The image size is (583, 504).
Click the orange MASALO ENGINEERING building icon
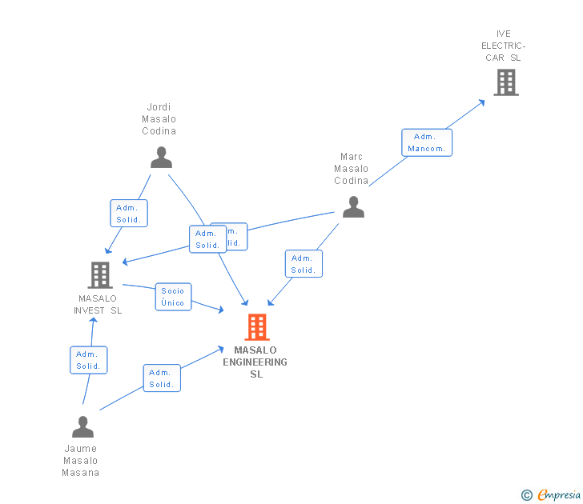[x=256, y=327]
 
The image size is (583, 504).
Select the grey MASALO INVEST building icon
[x=99, y=275]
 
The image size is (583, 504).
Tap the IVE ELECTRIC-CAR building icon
[x=505, y=82]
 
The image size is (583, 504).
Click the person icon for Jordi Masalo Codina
[x=161, y=157]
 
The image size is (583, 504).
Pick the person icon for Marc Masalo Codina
[x=353, y=207]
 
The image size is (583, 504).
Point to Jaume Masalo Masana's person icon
[x=82, y=427]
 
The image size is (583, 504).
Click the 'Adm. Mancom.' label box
[x=426, y=142]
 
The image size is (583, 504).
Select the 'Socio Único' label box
[x=173, y=297]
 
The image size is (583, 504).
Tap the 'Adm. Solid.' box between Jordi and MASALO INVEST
[x=128, y=214]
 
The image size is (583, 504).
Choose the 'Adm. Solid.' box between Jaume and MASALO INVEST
[x=88, y=360]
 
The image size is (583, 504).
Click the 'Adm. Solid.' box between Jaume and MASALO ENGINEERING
[x=162, y=378]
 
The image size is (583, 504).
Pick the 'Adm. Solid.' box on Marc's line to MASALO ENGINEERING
[x=304, y=264]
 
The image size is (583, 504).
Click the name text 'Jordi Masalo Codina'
[x=159, y=119]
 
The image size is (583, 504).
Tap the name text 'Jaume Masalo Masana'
[x=80, y=461]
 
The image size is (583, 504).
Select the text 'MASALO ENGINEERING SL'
[x=256, y=362]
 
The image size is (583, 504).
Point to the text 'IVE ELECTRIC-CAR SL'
[x=503, y=46]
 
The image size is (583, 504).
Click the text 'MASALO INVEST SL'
[x=98, y=305]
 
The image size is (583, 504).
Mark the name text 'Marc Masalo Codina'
[x=352, y=169]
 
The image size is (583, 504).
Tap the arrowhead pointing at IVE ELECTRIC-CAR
[x=481, y=102]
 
